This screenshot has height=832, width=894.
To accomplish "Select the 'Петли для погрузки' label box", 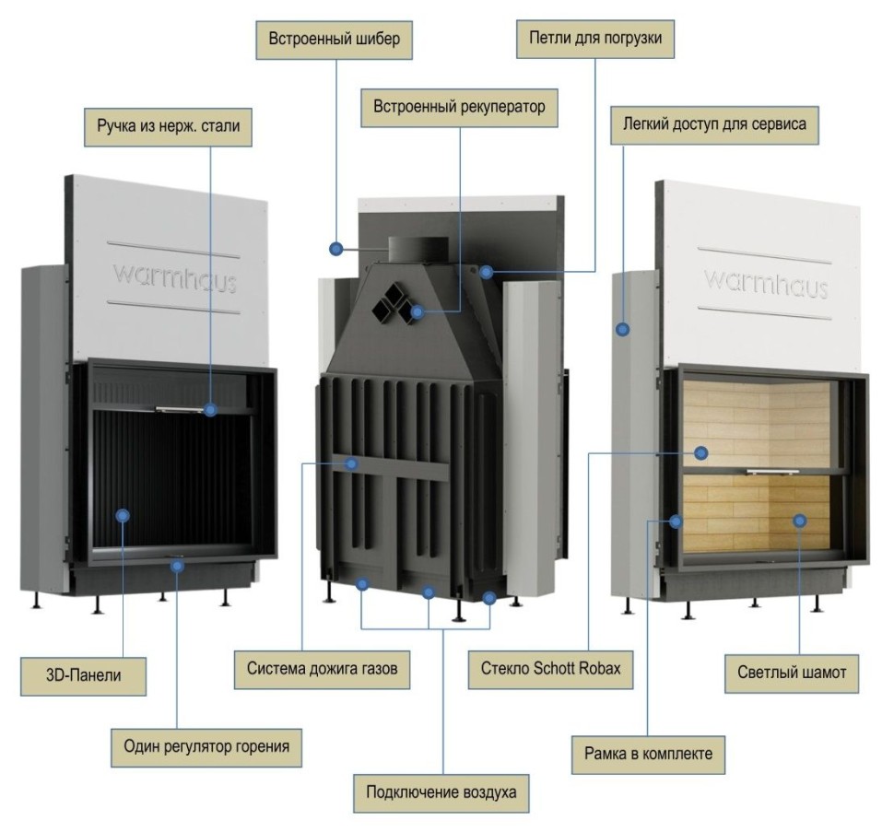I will click(594, 40).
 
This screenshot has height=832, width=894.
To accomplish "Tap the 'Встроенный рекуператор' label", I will click(459, 106).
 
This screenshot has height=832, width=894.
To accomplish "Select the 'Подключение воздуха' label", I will click(441, 791).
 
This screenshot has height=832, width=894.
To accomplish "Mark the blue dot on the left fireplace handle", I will click(211, 410).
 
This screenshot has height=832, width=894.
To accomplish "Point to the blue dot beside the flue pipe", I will click(336, 248).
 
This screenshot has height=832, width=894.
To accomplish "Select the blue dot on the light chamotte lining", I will click(799, 521).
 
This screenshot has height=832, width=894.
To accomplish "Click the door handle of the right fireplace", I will click(772, 472).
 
